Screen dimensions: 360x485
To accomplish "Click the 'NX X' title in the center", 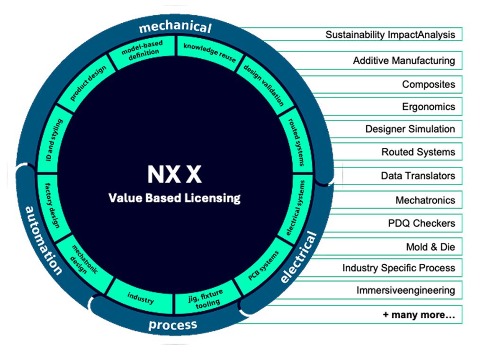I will [174, 174].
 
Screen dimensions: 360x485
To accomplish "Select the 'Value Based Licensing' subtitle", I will [174, 198].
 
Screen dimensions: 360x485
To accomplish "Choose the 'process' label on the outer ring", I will [172, 325].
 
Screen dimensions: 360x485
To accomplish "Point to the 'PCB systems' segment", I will [263, 265].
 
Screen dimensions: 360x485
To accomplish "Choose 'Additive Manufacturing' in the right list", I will [404, 61].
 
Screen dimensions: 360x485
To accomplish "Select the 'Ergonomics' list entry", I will [428, 107].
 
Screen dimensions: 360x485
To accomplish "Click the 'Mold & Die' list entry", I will [430, 247].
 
